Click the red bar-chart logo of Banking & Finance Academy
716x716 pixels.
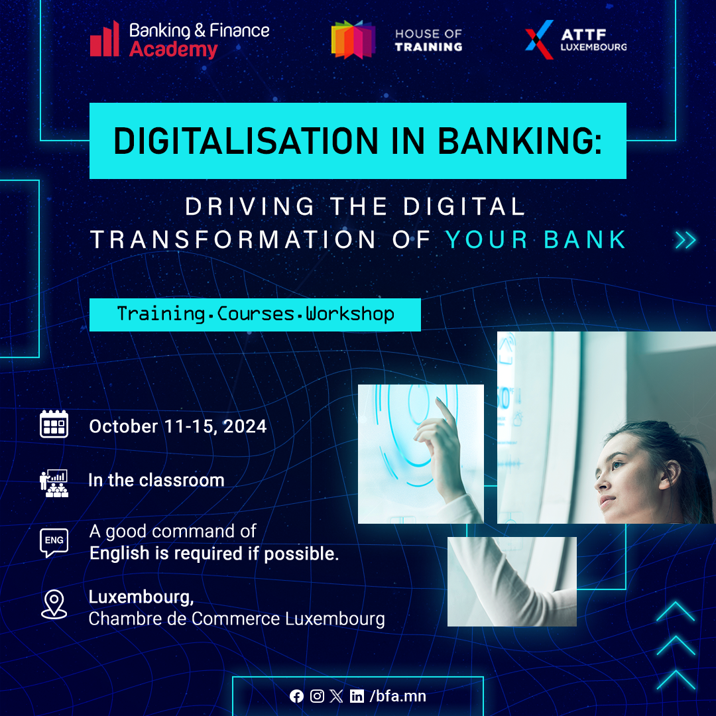click(105, 40)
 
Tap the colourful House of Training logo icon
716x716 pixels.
click(353, 40)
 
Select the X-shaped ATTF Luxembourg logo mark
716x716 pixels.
click(539, 40)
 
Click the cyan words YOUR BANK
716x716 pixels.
click(536, 239)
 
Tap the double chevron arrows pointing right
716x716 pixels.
click(686, 240)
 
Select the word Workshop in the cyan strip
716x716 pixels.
click(350, 314)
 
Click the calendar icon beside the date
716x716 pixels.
click(54, 424)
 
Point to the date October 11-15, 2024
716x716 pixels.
click(178, 426)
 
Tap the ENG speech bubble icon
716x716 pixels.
click(54, 542)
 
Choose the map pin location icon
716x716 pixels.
click(54, 604)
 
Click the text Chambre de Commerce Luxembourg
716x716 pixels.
click(237, 619)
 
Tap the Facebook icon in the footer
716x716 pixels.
click(296, 696)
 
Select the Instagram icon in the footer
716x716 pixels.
click(317, 696)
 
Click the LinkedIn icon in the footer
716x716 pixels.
click(357, 696)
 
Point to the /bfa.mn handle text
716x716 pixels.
click(398, 696)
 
